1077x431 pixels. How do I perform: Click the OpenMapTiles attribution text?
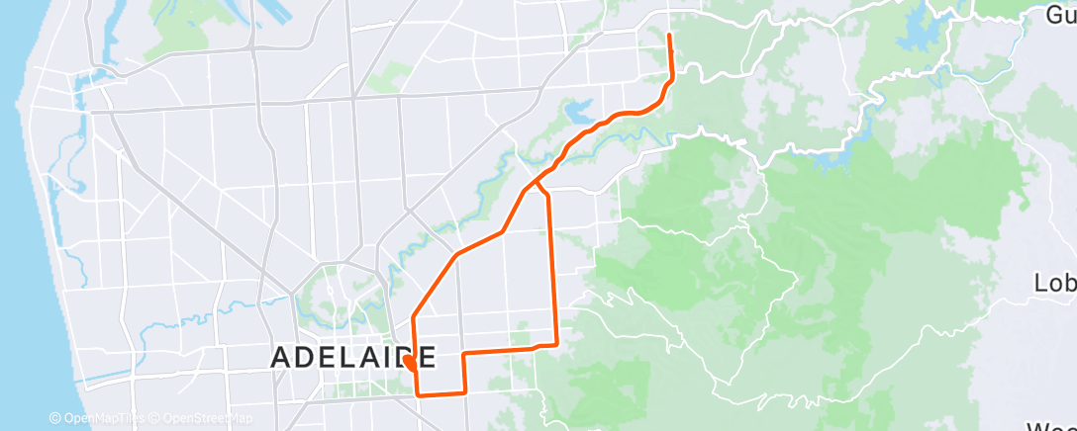point(97,419)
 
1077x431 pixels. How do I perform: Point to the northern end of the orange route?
point(671,37)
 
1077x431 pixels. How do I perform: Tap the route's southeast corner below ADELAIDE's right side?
point(464,393)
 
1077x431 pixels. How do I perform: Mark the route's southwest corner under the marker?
point(417,394)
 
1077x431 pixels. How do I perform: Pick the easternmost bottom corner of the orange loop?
point(556,343)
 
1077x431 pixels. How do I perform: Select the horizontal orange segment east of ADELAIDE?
point(500,350)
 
